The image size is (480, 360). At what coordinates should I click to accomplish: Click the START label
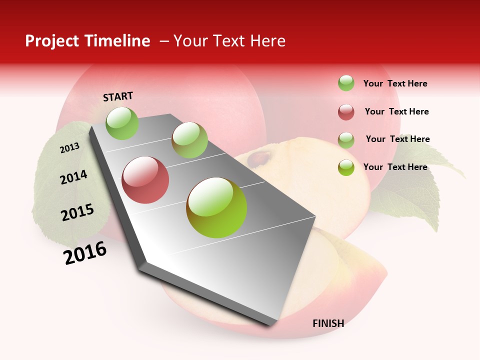(118, 96)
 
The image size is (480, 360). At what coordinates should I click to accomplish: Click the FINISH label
(328, 323)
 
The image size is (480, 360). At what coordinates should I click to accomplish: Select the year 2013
(69, 148)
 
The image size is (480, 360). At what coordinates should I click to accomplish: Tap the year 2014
(73, 177)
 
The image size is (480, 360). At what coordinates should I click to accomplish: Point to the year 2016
(85, 252)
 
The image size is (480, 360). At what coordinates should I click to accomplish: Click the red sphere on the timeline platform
(145, 179)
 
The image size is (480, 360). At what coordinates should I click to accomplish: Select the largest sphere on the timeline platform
(216, 207)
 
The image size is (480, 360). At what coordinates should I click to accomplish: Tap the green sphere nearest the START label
(122, 123)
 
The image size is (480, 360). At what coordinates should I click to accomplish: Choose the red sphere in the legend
(346, 112)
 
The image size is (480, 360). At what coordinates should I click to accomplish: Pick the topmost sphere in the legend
(346, 83)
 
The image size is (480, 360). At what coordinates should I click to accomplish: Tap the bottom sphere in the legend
(346, 167)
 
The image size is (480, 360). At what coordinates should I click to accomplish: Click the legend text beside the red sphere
(396, 111)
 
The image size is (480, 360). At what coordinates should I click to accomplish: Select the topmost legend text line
(395, 83)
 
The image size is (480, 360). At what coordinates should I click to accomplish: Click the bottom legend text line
(395, 167)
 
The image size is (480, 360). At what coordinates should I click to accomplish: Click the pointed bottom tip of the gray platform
(270, 325)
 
